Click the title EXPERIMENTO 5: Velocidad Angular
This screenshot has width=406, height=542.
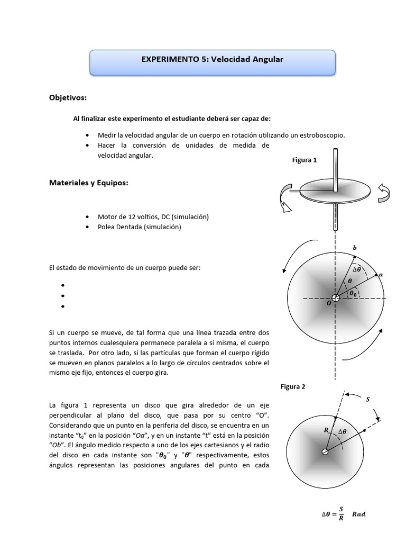(x=212, y=60)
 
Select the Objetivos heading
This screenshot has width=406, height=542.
(x=68, y=98)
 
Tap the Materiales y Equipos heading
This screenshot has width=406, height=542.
(x=89, y=183)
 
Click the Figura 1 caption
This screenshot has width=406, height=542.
(x=304, y=160)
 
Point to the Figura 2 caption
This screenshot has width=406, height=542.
(x=293, y=386)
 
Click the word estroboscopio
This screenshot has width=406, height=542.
(x=321, y=135)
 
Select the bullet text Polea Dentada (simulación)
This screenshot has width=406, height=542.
(x=139, y=227)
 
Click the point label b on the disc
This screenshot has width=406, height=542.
(x=355, y=248)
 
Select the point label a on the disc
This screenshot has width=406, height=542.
(x=381, y=275)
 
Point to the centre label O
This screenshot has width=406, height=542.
(x=328, y=304)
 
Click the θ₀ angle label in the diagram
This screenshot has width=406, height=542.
(x=352, y=293)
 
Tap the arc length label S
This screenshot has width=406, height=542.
(x=368, y=400)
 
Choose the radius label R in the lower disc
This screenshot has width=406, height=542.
(x=326, y=430)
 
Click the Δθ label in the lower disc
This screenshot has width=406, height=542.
(x=343, y=431)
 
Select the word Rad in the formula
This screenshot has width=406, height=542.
(x=358, y=514)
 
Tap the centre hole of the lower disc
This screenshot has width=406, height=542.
(x=325, y=451)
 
